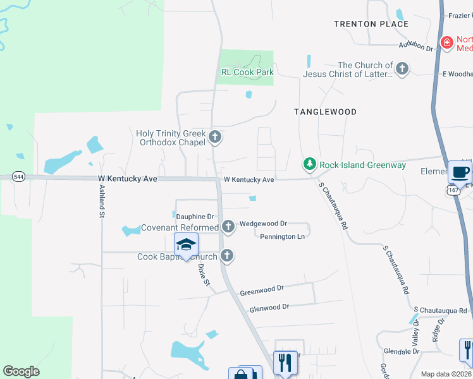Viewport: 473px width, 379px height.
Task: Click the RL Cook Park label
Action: (247, 73)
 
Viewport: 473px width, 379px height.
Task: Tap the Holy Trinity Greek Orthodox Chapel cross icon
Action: (215, 136)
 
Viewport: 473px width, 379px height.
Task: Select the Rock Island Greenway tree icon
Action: (309, 164)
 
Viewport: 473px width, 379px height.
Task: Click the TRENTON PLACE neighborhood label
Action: (371, 24)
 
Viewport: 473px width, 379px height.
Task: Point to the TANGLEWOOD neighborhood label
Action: (325, 112)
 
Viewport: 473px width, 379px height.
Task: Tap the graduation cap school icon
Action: (187, 244)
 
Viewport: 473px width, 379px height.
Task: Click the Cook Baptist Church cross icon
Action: (228, 256)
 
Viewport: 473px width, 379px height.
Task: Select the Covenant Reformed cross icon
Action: (229, 227)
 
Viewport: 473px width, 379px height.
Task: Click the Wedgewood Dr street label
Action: (263, 224)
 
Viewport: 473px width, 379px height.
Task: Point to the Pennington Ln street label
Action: (283, 237)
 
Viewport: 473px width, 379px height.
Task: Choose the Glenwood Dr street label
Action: (269, 307)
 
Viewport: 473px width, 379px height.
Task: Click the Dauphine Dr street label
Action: (195, 217)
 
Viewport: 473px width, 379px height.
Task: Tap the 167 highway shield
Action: (452, 189)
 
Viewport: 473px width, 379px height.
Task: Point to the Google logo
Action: (21, 371)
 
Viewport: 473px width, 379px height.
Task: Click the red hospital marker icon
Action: (447, 43)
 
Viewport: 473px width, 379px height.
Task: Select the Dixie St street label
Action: (203, 275)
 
